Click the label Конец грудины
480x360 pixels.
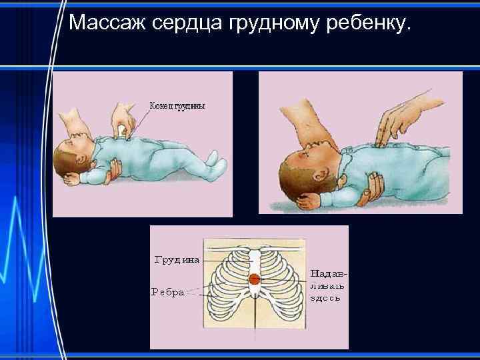[x=177, y=105]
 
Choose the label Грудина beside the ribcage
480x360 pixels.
[x=177, y=259]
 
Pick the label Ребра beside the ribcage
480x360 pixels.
[x=168, y=291]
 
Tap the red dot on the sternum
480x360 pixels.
[x=255, y=279]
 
